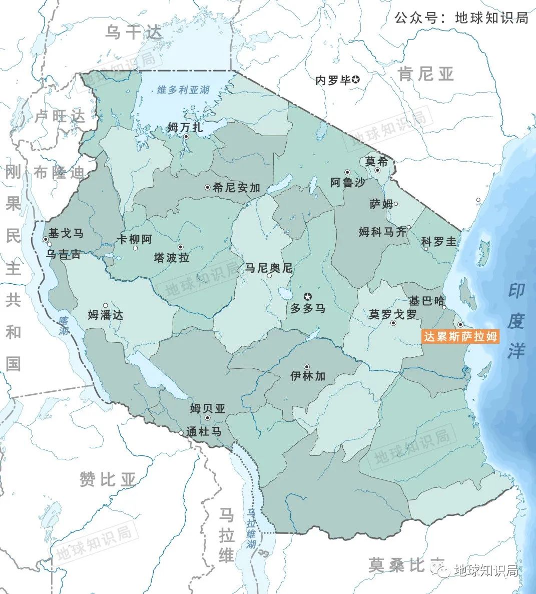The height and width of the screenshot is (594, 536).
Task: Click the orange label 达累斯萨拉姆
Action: [x=460, y=336]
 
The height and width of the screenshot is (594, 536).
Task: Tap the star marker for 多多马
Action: [x=308, y=296]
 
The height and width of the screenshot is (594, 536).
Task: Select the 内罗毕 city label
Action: [x=333, y=80]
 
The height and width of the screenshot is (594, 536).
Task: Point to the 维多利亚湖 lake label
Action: [x=183, y=90]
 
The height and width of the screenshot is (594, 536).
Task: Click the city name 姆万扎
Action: [x=186, y=127]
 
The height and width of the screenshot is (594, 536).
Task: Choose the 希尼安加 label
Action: [x=236, y=188]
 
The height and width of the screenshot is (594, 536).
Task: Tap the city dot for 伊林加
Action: [x=307, y=367]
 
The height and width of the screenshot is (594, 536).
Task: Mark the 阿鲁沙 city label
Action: [x=348, y=183]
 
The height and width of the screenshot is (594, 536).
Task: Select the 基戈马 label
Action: [x=66, y=233]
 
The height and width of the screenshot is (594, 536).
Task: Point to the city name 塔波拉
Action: [x=172, y=257]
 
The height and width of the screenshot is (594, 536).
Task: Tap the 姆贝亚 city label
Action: [x=208, y=408]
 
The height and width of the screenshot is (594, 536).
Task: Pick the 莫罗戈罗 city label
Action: [x=393, y=314]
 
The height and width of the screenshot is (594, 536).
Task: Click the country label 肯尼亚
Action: [x=425, y=74]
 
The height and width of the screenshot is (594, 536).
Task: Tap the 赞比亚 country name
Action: [x=108, y=479]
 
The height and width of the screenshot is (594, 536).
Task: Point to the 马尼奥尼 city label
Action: [x=268, y=268]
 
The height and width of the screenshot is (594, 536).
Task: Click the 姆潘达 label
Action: [x=106, y=315]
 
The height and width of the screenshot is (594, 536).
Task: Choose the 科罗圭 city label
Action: [x=439, y=241]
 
